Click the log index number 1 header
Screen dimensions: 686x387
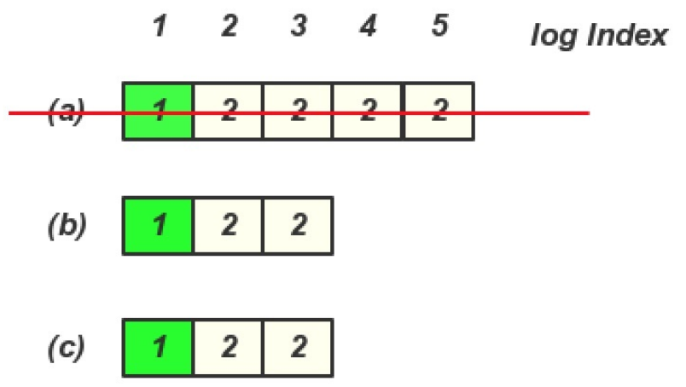(159, 27)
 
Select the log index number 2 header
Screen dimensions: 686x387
(229, 27)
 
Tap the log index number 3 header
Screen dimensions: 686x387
(298, 27)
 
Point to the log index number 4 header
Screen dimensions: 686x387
(368, 27)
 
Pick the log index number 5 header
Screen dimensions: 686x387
(439, 27)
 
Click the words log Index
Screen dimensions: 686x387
(598, 36)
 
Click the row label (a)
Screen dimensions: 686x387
(67, 111)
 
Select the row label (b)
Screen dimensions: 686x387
(67, 226)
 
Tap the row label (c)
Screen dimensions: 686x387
(67, 347)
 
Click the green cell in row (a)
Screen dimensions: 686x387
(159, 111)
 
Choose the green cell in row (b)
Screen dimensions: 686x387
(159, 226)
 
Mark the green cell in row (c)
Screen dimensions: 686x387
(159, 347)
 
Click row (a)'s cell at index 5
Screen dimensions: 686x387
(439, 111)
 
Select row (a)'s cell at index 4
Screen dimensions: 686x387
(368, 111)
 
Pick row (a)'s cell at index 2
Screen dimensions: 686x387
(229, 111)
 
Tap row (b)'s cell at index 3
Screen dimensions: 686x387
(298, 226)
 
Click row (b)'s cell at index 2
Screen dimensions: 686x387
(229, 226)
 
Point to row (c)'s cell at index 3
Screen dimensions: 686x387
(298, 347)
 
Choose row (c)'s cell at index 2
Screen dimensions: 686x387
(229, 347)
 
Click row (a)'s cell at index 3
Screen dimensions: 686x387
(298, 111)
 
